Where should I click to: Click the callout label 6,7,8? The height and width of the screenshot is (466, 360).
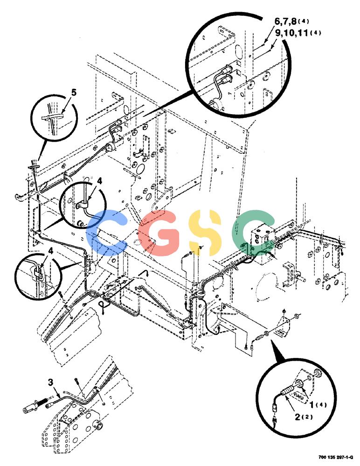pyautogui.click(x=285, y=21)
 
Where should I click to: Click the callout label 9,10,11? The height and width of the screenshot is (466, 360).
pyautogui.click(x=291, y=33)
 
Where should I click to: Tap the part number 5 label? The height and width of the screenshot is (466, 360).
pyautogui.click(x=74, y=93)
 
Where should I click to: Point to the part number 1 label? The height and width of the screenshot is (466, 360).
pyautogui.click(x=312, y=404)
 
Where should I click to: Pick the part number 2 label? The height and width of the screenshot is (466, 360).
pyautogui.click(x=298, y=417)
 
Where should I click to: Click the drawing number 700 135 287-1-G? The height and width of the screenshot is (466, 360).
pyautogui.click(x=336, y=457)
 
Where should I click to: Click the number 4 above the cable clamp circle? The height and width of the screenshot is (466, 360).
pyautogui.click(x=99, y=181)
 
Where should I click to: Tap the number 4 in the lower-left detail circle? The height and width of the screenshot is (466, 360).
pyautogui.click(x=50, y=251)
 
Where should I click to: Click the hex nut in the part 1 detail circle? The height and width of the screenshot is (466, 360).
pyautogui.click(x=299, y=384)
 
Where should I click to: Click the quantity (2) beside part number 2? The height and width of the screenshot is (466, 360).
pyautogui.click(x=307, y=417)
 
